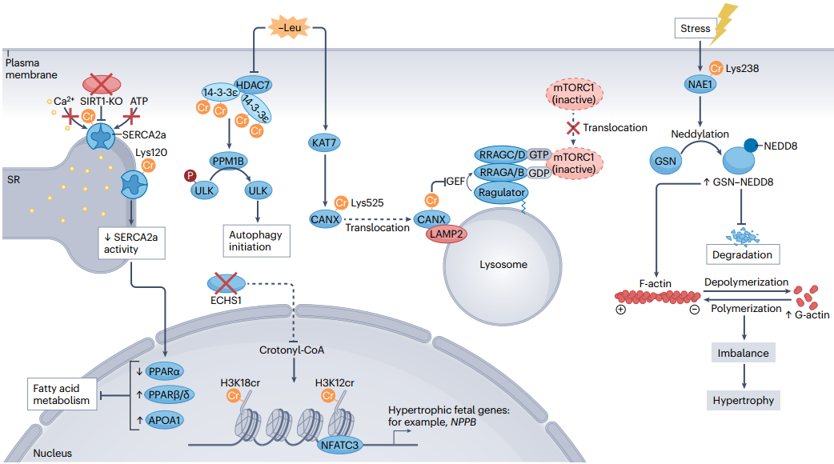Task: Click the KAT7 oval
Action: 326,142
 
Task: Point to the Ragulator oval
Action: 501,192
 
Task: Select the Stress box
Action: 695,29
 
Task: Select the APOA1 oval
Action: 167,420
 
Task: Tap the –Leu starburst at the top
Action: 288,30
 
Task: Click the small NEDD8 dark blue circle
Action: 752,145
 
